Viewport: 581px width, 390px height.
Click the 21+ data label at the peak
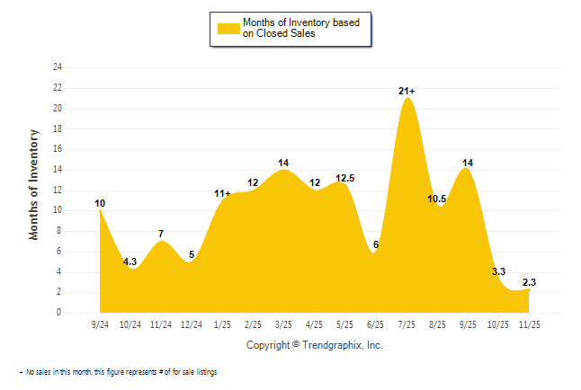[407, 91]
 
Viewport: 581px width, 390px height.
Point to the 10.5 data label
[437, 199]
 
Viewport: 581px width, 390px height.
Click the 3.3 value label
[498, 270]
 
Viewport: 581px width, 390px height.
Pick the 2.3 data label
[529, 282]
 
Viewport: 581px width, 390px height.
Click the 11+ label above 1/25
[222, 193]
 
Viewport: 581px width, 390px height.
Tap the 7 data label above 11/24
[161, 235]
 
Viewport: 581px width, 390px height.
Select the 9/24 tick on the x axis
[100, 323]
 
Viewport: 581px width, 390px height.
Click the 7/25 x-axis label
[407, 323]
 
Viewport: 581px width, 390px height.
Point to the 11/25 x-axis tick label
[529, 323]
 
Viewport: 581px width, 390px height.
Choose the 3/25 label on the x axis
[283, 323]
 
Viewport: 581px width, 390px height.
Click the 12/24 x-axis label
[192, 323]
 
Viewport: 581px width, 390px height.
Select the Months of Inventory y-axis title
[34, 185]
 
